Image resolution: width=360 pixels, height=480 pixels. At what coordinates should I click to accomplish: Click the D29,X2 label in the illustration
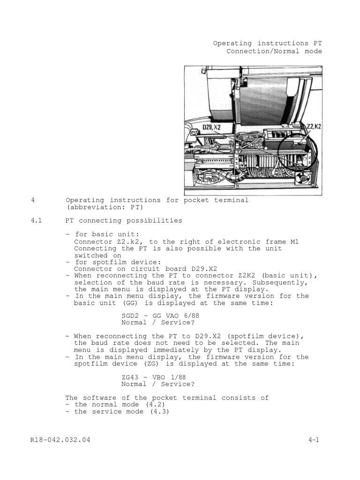(x=211, y=127)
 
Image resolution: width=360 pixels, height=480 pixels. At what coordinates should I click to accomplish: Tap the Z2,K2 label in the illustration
(x=313, y=127)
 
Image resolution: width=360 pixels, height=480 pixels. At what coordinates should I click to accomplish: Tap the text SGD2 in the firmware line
(x=130, y=316)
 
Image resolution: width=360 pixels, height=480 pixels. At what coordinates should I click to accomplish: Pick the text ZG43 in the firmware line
(x=130, y=377)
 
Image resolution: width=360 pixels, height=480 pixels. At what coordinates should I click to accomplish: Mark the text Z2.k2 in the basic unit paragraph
(x=127, y=241)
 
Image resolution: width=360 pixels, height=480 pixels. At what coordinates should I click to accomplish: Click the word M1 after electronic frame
(x=293, y=241)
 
